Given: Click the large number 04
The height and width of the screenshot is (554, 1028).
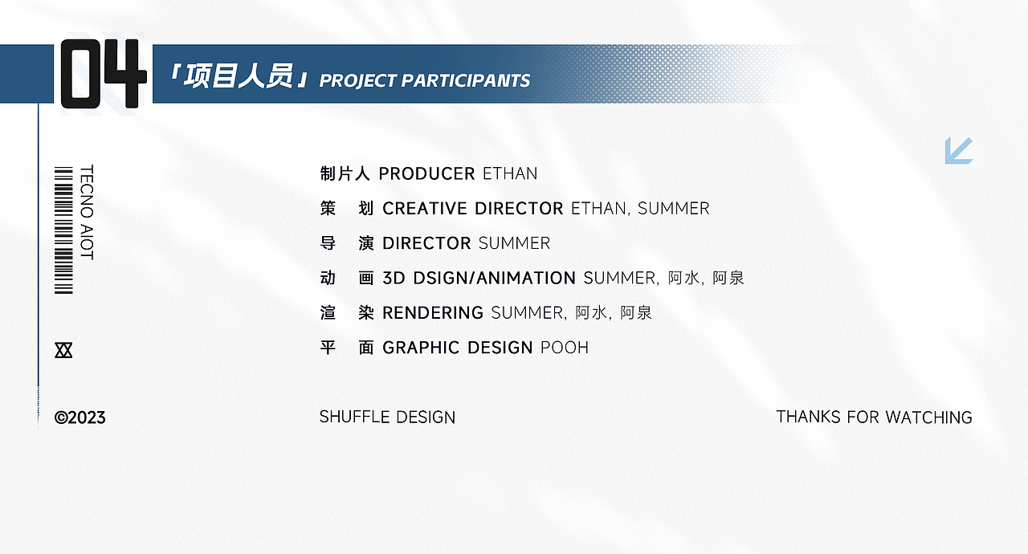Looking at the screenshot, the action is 104,74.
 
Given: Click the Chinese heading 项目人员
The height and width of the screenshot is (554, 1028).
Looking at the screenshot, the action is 239,75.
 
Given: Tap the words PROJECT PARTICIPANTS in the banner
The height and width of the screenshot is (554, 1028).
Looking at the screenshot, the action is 425,81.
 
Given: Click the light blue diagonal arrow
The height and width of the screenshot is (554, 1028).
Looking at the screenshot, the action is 959,150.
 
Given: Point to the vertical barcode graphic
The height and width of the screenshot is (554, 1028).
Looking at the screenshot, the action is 63,230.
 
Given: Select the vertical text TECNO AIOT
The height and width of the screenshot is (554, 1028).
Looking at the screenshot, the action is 87,212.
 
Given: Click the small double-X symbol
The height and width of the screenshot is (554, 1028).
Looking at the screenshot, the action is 63,350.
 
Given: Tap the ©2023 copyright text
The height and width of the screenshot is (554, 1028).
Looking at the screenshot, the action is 80,418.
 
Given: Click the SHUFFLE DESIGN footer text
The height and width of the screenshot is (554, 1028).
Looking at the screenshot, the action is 387,418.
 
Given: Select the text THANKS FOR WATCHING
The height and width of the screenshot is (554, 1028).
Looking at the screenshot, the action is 875,418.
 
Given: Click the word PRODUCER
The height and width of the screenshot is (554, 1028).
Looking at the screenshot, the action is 426,173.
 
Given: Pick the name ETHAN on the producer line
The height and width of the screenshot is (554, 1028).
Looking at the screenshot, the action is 510,173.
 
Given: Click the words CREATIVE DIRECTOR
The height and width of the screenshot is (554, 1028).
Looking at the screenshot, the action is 473,209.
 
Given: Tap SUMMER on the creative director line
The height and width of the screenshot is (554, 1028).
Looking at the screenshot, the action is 674,209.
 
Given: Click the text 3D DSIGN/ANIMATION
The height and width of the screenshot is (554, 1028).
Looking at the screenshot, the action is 479,279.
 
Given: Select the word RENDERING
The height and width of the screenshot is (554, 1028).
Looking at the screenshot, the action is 433,313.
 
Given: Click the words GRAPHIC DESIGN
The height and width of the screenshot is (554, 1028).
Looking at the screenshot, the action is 458,348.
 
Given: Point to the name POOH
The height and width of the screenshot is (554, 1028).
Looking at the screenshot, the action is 565,348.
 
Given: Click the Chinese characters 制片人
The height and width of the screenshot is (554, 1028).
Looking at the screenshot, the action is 345,173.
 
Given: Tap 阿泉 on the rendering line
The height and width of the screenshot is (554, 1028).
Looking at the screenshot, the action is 636,313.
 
